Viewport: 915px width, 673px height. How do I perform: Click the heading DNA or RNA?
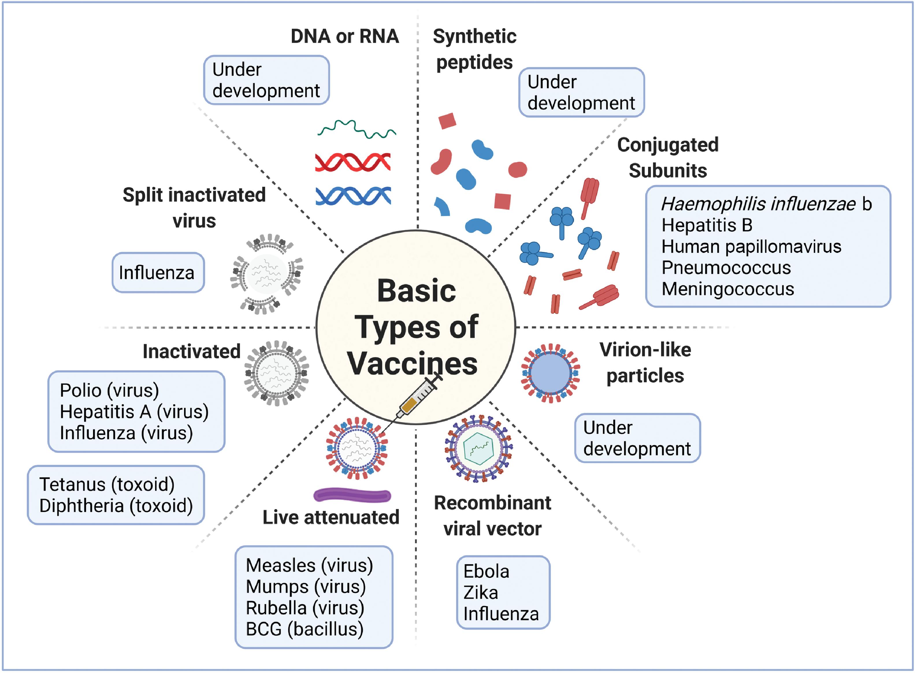point(344,36)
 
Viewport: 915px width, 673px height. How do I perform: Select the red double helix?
point(353,162)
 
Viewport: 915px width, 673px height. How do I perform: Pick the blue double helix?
point(353,196)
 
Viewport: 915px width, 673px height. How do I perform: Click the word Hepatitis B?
point(706,225)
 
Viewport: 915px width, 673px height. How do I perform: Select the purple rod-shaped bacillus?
point(352,495)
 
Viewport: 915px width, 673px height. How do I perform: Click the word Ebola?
point(486,572)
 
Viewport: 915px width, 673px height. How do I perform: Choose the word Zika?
point(480,593)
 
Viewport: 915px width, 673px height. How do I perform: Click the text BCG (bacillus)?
point(304,629)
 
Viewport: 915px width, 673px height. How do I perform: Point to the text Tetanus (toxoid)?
point(107,484)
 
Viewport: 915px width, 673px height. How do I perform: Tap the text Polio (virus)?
point(109,390)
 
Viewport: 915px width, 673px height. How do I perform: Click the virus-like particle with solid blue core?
point(551,373)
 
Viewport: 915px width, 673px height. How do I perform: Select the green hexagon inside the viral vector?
point(478,448)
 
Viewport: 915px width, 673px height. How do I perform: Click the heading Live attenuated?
point(331,517)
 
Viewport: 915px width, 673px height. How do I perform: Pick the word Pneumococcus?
point(726,268)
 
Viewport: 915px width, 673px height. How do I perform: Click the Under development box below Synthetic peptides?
point(581,92)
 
